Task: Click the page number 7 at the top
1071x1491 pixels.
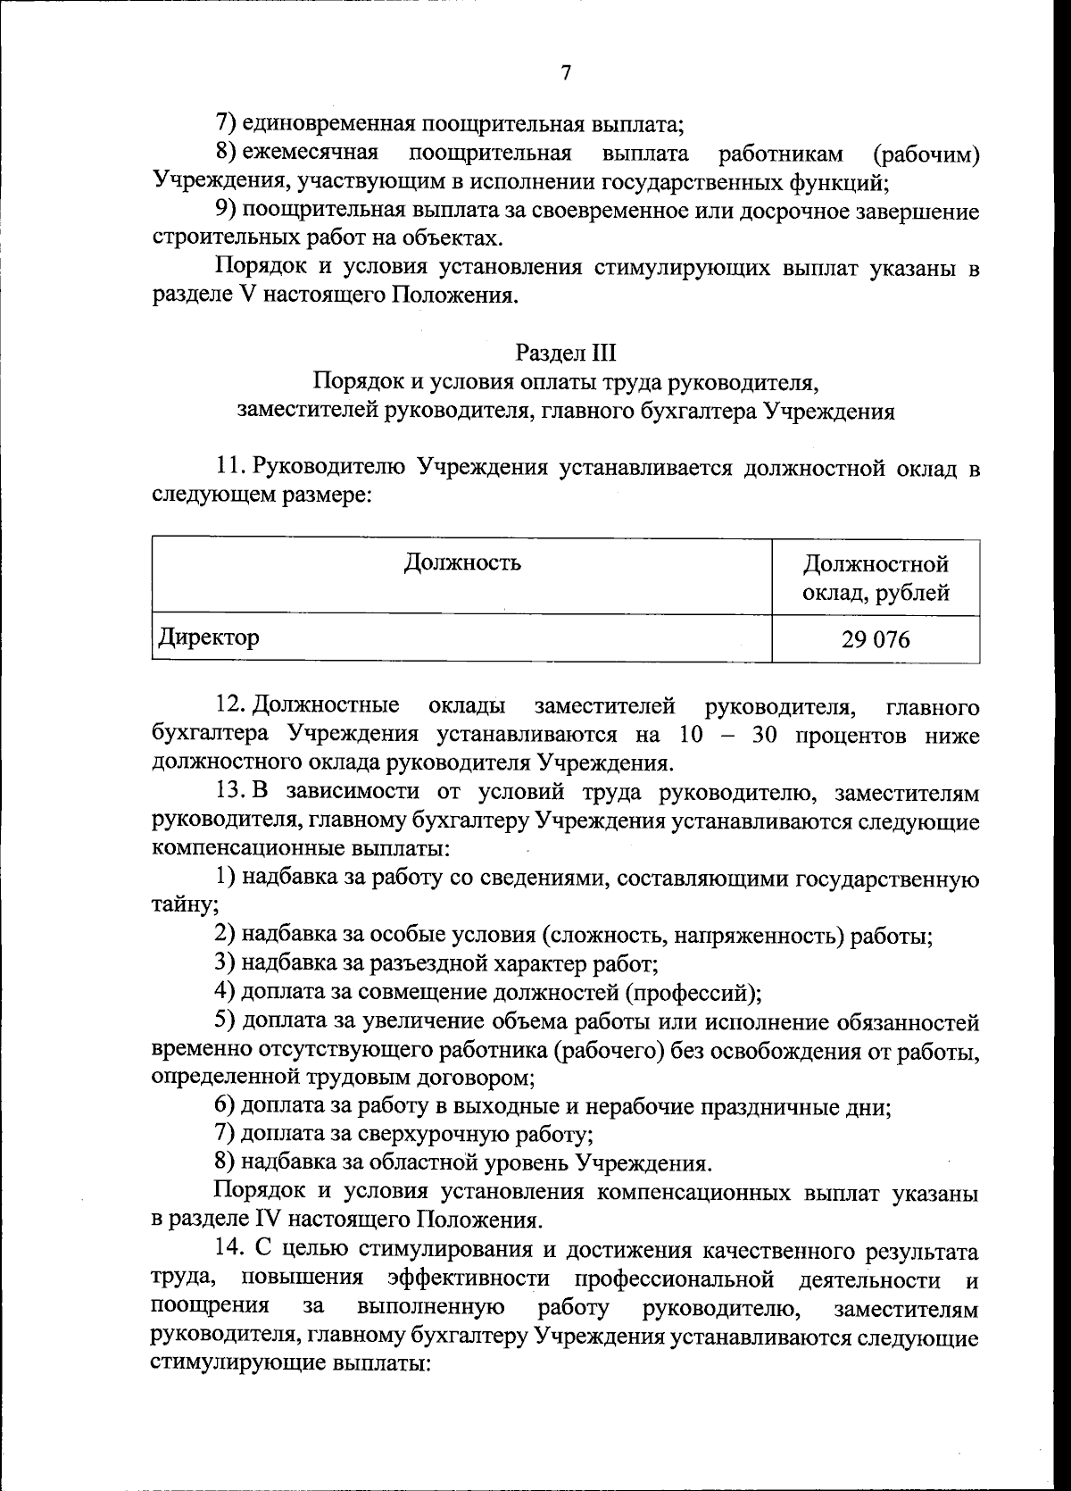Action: pyautogui.click(x=566, y=72)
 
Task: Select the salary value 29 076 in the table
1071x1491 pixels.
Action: pyautogui.click(x=875, y=639)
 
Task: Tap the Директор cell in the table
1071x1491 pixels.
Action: pyautogui.click(x=210, y=637)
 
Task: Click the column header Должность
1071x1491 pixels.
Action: pyautogui.click(x=462, y=562)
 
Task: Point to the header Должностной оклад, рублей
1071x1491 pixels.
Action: pyautogui.click(x=875, y=578)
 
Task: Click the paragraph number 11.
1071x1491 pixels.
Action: pyautogui.click(x=229, y=467)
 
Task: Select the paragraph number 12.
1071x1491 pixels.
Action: pyautogui.click(x=229, y=707)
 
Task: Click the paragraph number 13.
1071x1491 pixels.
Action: pyautogui.click(x=229, y=792)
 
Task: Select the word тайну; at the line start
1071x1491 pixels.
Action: pyautogui.click(x=186, y=907)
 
